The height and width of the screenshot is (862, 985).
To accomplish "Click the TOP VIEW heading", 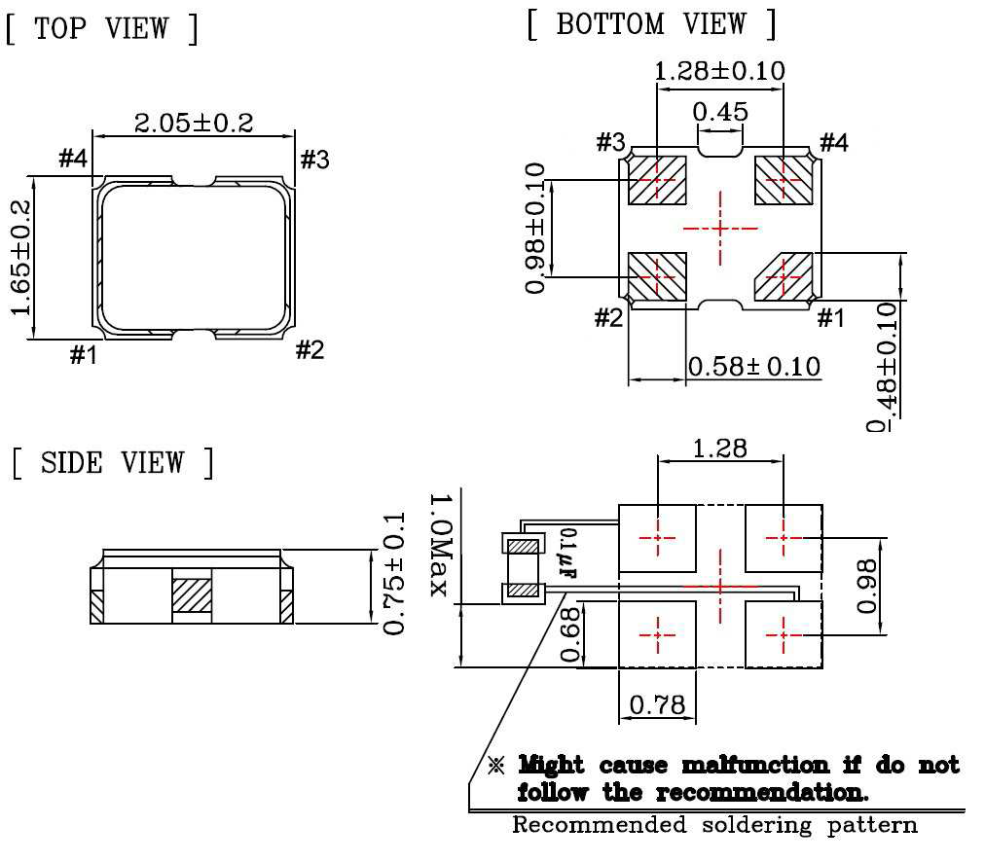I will pyautogui.click(x=102, y=28).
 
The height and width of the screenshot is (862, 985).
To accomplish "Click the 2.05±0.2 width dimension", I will pyautogui.click(x=193, y=123).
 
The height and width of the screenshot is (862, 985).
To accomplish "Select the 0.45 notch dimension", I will pyautogui.click(x=721, y=112).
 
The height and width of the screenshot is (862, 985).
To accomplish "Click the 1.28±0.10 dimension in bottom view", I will pyautogui.click(x=719, y=71).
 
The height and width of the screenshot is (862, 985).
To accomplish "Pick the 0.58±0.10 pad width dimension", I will pyautogui.click(x=753, y=367).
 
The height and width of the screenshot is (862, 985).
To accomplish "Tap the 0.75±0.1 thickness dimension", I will pyautogui.click(x=393, y=574).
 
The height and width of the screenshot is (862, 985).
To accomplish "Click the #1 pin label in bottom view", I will pyautogui.click(x=829, y=318).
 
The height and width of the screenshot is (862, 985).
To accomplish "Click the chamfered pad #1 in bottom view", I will pyautogui.click(x=784, y=277).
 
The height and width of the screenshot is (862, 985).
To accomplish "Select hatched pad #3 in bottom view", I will pyautogui.click(x=657, y=180).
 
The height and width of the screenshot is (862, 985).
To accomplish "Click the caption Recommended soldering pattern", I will pyautogui.click(x=714, y=826).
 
